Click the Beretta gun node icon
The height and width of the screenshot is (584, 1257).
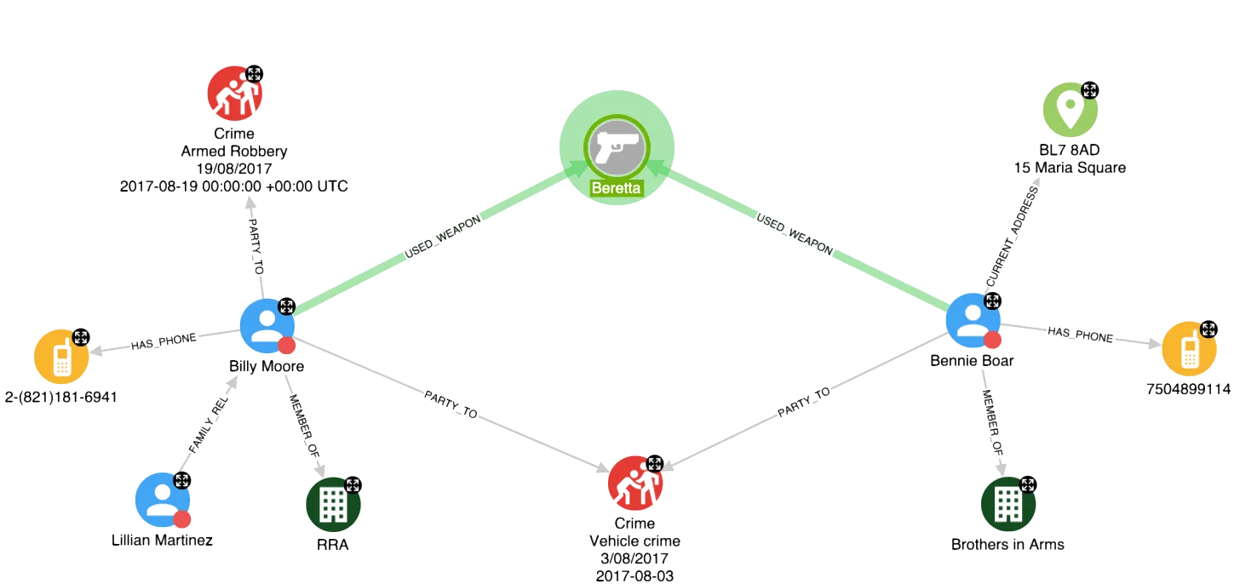pyautogui.click(x=617, y=146)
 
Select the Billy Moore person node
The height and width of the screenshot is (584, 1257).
pyautogui.click(x=267, y=325)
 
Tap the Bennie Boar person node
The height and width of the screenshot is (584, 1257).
pyautogui.click(x=973, y=320)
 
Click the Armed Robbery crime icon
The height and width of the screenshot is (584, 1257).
pyautogui.click(x=232, y=93)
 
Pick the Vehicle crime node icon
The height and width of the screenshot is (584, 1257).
pyautogui.click(x=634, y=483)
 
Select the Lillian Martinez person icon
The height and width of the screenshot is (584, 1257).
pyautogui.click(x=162, y=500)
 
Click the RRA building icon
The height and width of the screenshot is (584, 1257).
pyautogui.click(x=333, y=504)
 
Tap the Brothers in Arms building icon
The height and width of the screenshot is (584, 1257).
pyautogui.click(x=1007, y=504)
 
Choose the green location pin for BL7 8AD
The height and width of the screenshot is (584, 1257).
pyautogui.click(x=1070, y=110)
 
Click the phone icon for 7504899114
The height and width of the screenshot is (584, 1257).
pyautogui.click(x=1190, y=348)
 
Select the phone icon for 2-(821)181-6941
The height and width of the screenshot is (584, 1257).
pyautogui.click(x=61, y=357)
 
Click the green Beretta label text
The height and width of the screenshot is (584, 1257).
pyautogui.click(x=617, y=188)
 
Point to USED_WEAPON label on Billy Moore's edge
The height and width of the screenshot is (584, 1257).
pyautogui.click(x=443, y=237)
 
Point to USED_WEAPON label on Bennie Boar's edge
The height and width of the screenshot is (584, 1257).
pyautogui.click(x=795, y=235)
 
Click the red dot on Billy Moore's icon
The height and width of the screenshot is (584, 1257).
pyautogui.click(x=287, y=345)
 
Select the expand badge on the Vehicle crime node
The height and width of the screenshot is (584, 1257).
pyautogui.click(x=655, y=464)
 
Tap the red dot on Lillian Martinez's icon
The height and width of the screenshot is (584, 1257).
pyautogui.click(x=181, y=518)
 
